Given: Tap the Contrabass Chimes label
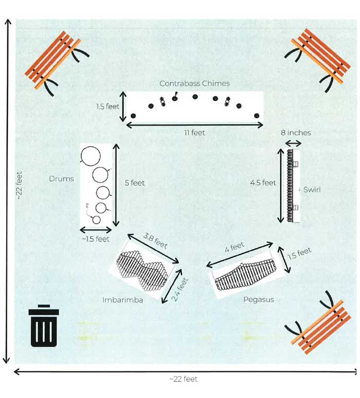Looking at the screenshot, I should pyautogui.click(x=194, y=83).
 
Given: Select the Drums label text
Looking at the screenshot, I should pyautogui.click(x=61, y=179).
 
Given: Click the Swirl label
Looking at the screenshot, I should pyautogui.click(x=312, y=190).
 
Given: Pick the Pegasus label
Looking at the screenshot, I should pyautogui.click(x=259, y=299).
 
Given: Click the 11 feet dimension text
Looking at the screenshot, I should pyautogui.click(x=195, y=133).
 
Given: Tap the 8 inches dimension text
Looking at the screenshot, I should pyautogui.click(x=296, y=133).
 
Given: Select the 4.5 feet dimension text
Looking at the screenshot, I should pyautogui.click(x=263, y=183).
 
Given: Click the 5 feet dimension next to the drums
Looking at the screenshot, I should pyautogui.click(x=135, y=183).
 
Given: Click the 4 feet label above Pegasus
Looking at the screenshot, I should pyautogui.click(x=235, y=247).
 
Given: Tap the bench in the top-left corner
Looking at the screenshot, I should pyautogui.click(x=51, y=63).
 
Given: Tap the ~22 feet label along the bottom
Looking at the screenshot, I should pyautogui.click(x=183, y=379).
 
